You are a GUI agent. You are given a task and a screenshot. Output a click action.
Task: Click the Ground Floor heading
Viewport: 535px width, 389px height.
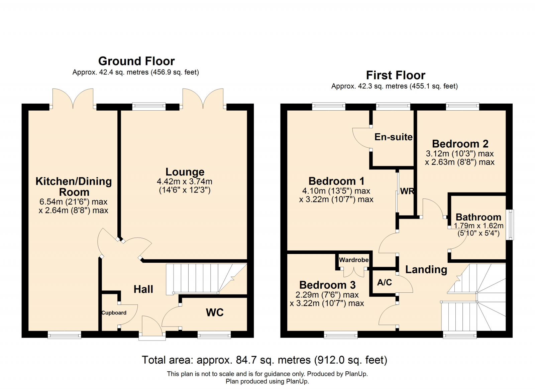point(136,61)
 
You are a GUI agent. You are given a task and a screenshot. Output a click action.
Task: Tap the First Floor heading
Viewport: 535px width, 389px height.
point(396,75)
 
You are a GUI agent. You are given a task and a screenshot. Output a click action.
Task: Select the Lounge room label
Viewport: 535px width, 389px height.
point(185,172)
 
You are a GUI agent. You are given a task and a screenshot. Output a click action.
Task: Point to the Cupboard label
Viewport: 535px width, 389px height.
point(114,312)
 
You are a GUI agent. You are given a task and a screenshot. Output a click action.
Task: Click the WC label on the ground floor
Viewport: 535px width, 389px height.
point(215,312)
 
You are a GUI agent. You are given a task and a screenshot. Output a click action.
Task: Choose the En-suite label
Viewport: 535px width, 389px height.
point(393,137)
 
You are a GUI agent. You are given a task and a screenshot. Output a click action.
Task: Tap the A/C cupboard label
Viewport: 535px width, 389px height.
point(385,282)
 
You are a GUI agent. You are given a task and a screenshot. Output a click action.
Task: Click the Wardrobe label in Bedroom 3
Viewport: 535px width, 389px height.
point(354,260)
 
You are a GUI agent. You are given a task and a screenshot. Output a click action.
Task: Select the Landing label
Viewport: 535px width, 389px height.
point(426,269)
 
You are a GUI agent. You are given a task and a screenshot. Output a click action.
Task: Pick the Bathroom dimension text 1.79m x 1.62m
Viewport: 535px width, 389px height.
point(478,226)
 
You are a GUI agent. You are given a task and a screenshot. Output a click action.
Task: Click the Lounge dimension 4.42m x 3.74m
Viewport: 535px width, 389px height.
point(184,181)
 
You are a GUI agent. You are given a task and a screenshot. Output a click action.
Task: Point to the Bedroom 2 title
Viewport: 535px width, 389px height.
point(460,144)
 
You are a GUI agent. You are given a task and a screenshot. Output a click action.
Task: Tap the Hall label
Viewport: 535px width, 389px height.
point(143,289)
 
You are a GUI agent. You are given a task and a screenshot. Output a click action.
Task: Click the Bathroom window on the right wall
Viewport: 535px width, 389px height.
point(511,225)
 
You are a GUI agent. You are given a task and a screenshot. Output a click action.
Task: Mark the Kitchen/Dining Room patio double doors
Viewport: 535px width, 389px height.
point(73,99)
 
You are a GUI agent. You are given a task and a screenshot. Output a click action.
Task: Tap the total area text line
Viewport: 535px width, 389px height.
point(264,360)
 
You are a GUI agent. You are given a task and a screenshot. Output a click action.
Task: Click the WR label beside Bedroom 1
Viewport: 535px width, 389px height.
point(407,191)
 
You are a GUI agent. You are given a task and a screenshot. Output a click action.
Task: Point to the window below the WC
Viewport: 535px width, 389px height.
point(214,335)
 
